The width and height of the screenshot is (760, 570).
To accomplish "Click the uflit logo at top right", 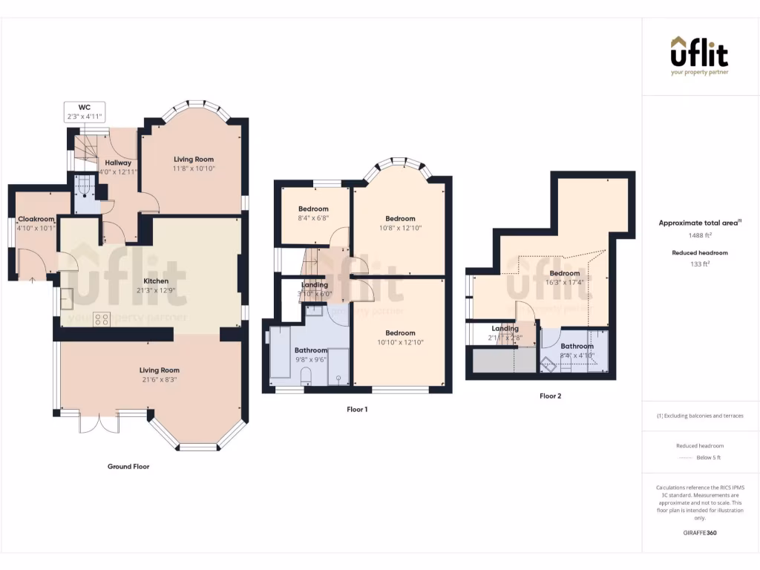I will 699,55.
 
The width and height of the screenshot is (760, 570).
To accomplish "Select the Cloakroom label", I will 37,219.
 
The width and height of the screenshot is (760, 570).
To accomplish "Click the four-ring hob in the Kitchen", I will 102,319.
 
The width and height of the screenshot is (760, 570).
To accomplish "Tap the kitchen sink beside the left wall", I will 66,297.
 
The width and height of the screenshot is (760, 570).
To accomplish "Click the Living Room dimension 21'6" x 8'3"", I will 160,379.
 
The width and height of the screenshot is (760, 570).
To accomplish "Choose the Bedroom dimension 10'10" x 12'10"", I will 400,343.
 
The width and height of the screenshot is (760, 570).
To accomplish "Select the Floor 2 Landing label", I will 505,328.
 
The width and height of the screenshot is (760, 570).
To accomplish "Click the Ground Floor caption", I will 128,467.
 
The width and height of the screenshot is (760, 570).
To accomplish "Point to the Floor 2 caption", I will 550,396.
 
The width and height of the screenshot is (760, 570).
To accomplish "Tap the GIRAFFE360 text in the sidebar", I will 700,533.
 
